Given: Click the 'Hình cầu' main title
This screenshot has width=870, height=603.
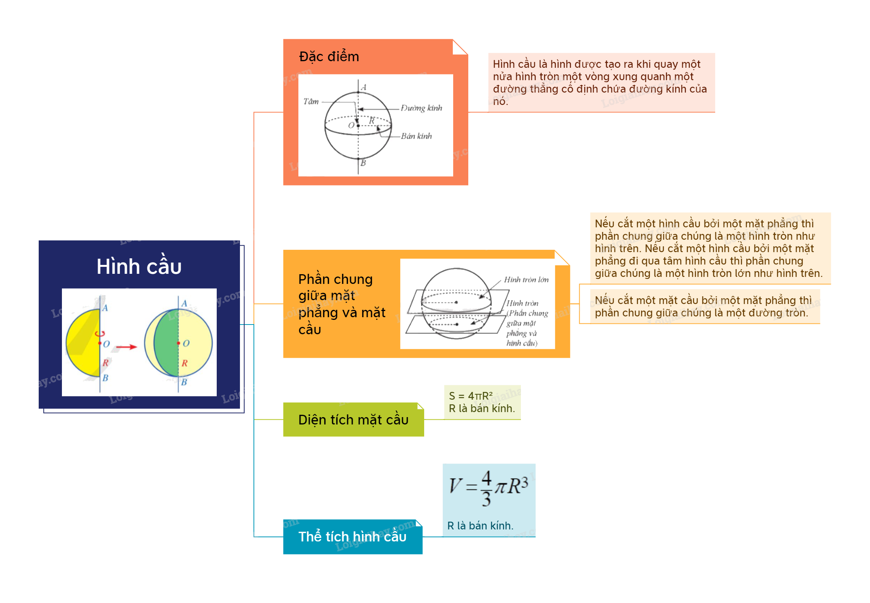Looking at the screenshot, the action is (x=139, y=266).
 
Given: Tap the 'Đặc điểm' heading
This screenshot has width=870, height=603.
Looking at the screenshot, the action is (x=329, y=57).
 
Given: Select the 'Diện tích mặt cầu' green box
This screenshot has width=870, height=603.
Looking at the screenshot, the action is (x=353, y=419).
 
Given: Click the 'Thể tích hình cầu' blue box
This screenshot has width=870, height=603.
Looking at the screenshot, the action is (x=353, y=537).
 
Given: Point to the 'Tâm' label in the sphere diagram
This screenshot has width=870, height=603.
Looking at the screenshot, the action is (x=311, y=101).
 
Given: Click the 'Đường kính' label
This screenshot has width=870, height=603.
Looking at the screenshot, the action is (x=421, y=108).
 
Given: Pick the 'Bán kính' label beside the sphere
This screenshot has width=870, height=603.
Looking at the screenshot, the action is (x=416, y=136).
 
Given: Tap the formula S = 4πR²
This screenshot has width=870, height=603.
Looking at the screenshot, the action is (x=471, y=396).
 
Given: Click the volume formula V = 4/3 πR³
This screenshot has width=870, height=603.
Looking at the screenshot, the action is (x=488, y=487).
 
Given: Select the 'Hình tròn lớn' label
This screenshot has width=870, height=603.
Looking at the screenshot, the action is (x=526, y=280).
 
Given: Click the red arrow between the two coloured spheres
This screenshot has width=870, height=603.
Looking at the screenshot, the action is (x=127, y=347).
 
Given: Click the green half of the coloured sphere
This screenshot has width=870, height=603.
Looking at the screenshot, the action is (x=166, y=343).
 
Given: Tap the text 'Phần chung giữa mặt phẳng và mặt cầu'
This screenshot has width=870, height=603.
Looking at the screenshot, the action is (x=342, y=304).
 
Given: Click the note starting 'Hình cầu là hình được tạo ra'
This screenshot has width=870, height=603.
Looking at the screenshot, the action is (x=599, y=82).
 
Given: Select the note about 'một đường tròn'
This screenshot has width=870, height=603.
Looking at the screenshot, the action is (x=703, y=306).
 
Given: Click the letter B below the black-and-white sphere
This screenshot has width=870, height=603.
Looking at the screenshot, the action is (x=363, y=163).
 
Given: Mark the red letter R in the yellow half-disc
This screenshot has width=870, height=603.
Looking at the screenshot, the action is (x=106, y=363).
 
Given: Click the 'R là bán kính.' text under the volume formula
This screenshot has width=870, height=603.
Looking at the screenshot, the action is (x=480, y=526).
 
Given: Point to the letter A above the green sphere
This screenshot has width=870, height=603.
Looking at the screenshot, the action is (x=184, y=304).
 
